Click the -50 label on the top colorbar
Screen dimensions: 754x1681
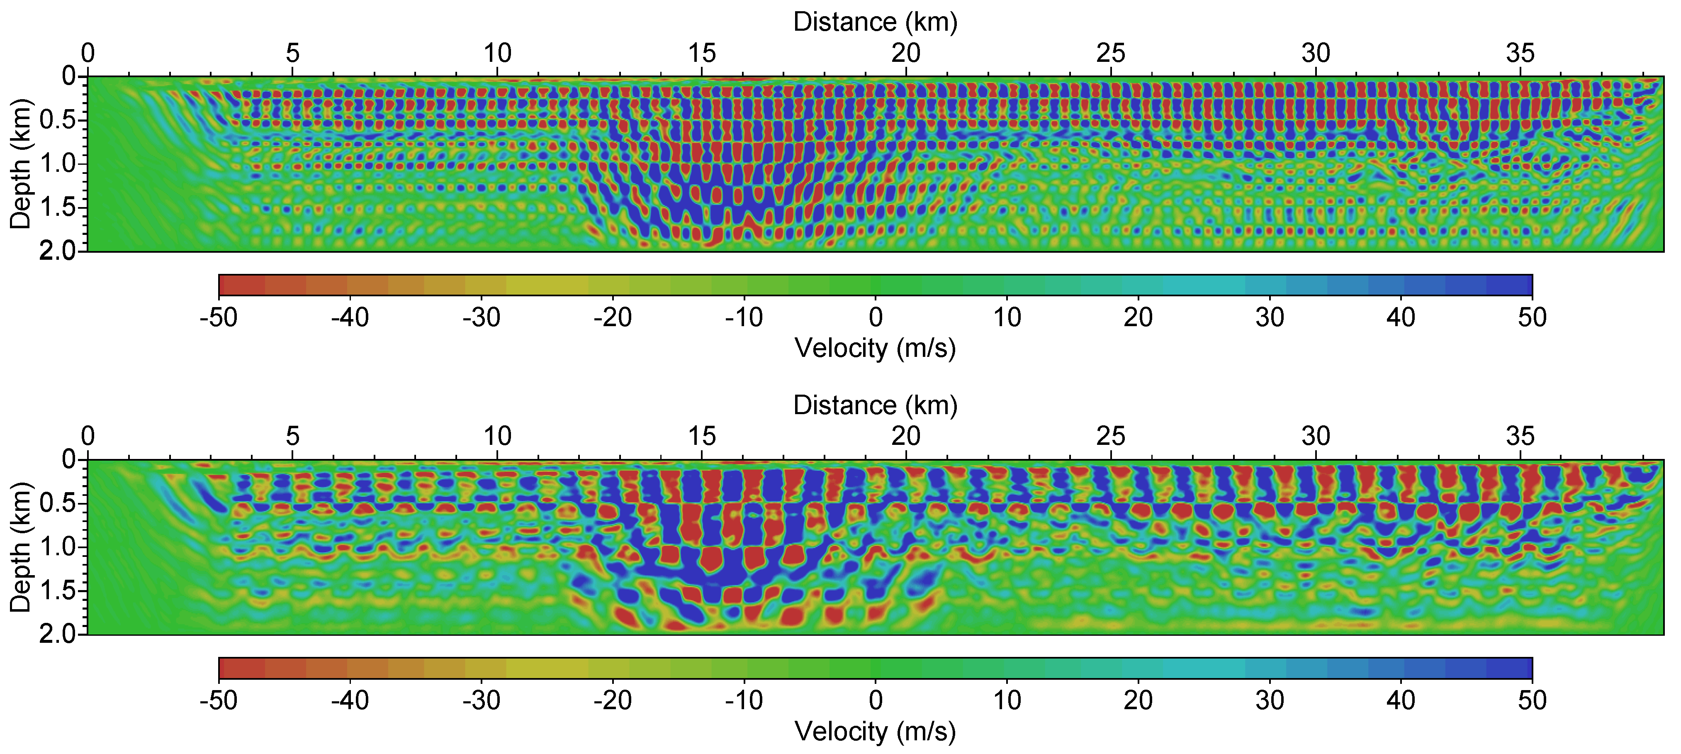(x=219, y=317)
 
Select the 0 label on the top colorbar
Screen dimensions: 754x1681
(x=876, y=317)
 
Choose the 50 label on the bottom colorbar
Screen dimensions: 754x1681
(x=1532, y=700)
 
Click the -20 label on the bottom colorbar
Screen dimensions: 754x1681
(x=612, y=700)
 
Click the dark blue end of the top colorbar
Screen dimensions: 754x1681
(x=1514, y=285)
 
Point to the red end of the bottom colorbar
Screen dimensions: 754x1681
(x=238, y=669)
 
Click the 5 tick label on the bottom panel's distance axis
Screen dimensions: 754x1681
(x=292, y=436)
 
